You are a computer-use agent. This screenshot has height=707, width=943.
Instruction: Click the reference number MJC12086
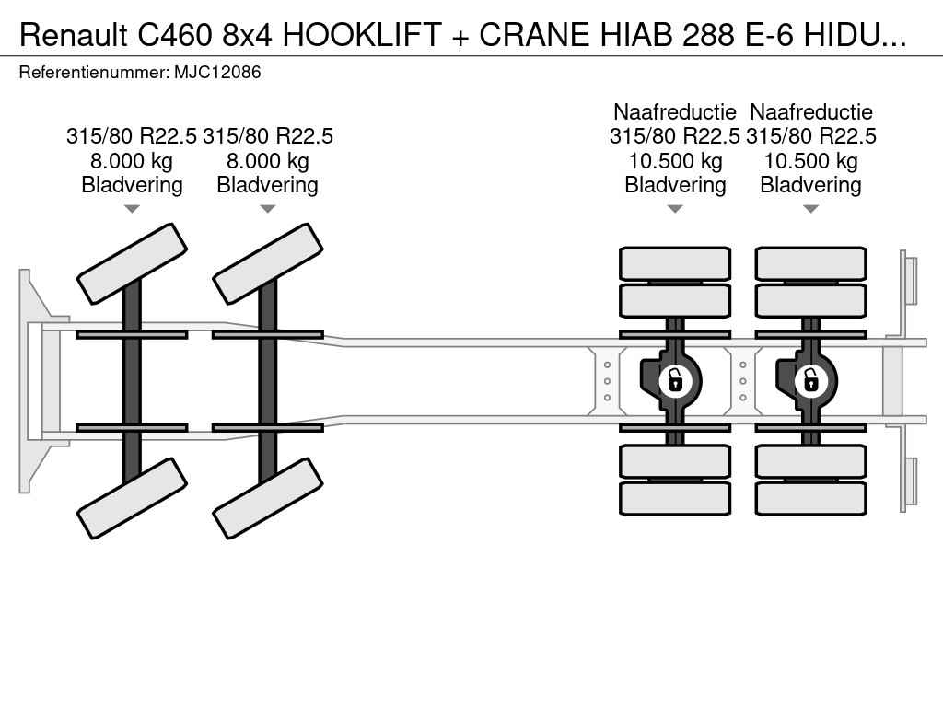tap(217, 73)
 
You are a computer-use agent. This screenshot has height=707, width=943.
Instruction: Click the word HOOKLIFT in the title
tap(362, 36)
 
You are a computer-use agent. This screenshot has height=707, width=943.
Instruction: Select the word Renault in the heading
tap(74, 36)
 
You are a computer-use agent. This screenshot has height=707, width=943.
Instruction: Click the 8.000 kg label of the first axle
tap(132, 161)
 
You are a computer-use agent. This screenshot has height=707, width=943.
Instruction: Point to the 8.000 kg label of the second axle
tap(268, 161)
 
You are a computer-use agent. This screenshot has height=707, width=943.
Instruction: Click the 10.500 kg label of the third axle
tap(675, 161)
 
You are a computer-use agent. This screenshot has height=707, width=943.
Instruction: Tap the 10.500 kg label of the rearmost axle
tap(810, 161)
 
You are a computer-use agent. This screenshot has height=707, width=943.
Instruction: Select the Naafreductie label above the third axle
tap(675, 111)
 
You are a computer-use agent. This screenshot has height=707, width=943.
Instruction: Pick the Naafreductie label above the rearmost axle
tap(811, 111)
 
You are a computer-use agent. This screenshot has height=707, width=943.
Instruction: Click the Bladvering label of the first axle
tap(132, 185)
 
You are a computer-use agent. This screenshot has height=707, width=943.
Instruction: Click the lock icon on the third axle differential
tap(675, 380)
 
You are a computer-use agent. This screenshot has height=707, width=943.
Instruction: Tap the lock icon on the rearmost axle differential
tap(810, 380)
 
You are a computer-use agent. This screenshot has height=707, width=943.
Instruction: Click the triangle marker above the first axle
tap(132, 209)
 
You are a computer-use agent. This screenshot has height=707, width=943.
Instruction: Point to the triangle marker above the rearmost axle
tap(810, 209)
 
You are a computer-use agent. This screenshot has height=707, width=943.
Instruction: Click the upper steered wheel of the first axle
tap(132, 264)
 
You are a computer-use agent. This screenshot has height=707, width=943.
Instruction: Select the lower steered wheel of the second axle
tap(268, 498)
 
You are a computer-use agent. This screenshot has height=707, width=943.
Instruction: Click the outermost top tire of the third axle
tap(675, 263)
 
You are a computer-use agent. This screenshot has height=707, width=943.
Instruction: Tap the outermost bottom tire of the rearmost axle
tap(810, 498)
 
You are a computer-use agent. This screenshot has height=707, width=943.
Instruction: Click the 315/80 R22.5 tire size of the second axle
tap(268, 136)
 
